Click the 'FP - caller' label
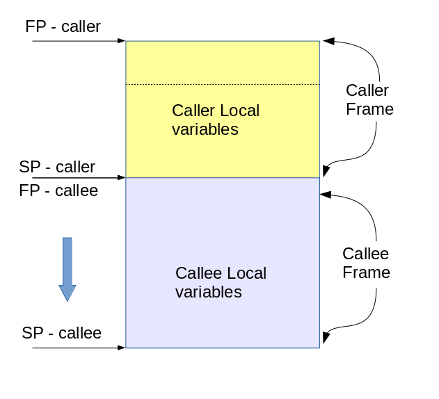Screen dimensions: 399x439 coord(63,27)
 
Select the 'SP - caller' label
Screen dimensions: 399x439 coord(57,167)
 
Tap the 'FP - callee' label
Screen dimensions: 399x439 coord(58,190)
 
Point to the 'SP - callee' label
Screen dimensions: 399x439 coord(61,333)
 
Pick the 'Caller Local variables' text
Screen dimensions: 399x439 coord(215,120)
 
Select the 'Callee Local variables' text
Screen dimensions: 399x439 coord(220,282)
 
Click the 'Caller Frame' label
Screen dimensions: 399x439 coord(369,100)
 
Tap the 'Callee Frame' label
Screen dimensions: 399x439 coord(366,263)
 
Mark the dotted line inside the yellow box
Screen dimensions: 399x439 coord(223,85)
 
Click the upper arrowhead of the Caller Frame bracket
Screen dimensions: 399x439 coord(328,42)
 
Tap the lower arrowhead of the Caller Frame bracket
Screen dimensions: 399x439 coord(327,172)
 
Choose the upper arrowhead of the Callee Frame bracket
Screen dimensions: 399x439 coord(325,196)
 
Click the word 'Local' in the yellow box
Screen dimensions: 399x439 coord(239,111)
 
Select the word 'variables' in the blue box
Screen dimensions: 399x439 coord(208,292)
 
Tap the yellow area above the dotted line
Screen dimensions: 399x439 coord(223,63)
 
